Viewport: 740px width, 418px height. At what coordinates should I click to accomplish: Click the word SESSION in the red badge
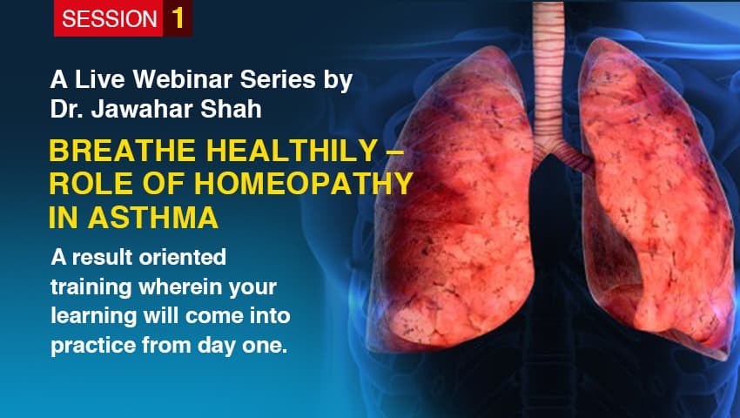pos(109,19)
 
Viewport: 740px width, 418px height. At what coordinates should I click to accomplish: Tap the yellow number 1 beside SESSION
pos(178,18)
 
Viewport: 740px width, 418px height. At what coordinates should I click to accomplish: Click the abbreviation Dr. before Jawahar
pos(64,111)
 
